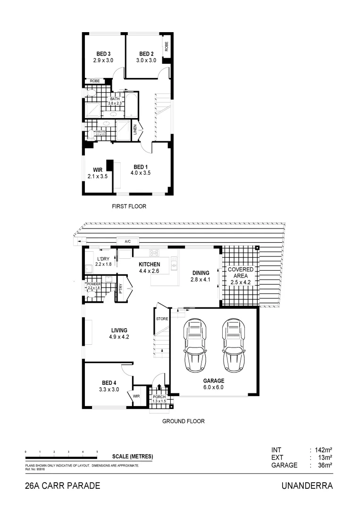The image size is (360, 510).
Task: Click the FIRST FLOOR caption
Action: [129, 206]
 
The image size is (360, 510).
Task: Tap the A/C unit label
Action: [127, 241]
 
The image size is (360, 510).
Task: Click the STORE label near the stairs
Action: [162, 319]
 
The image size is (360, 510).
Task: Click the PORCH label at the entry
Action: [159, 397]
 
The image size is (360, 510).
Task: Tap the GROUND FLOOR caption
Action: [183, 421]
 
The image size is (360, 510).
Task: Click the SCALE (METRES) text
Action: [133, 457]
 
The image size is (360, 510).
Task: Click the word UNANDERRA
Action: [307, 486]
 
